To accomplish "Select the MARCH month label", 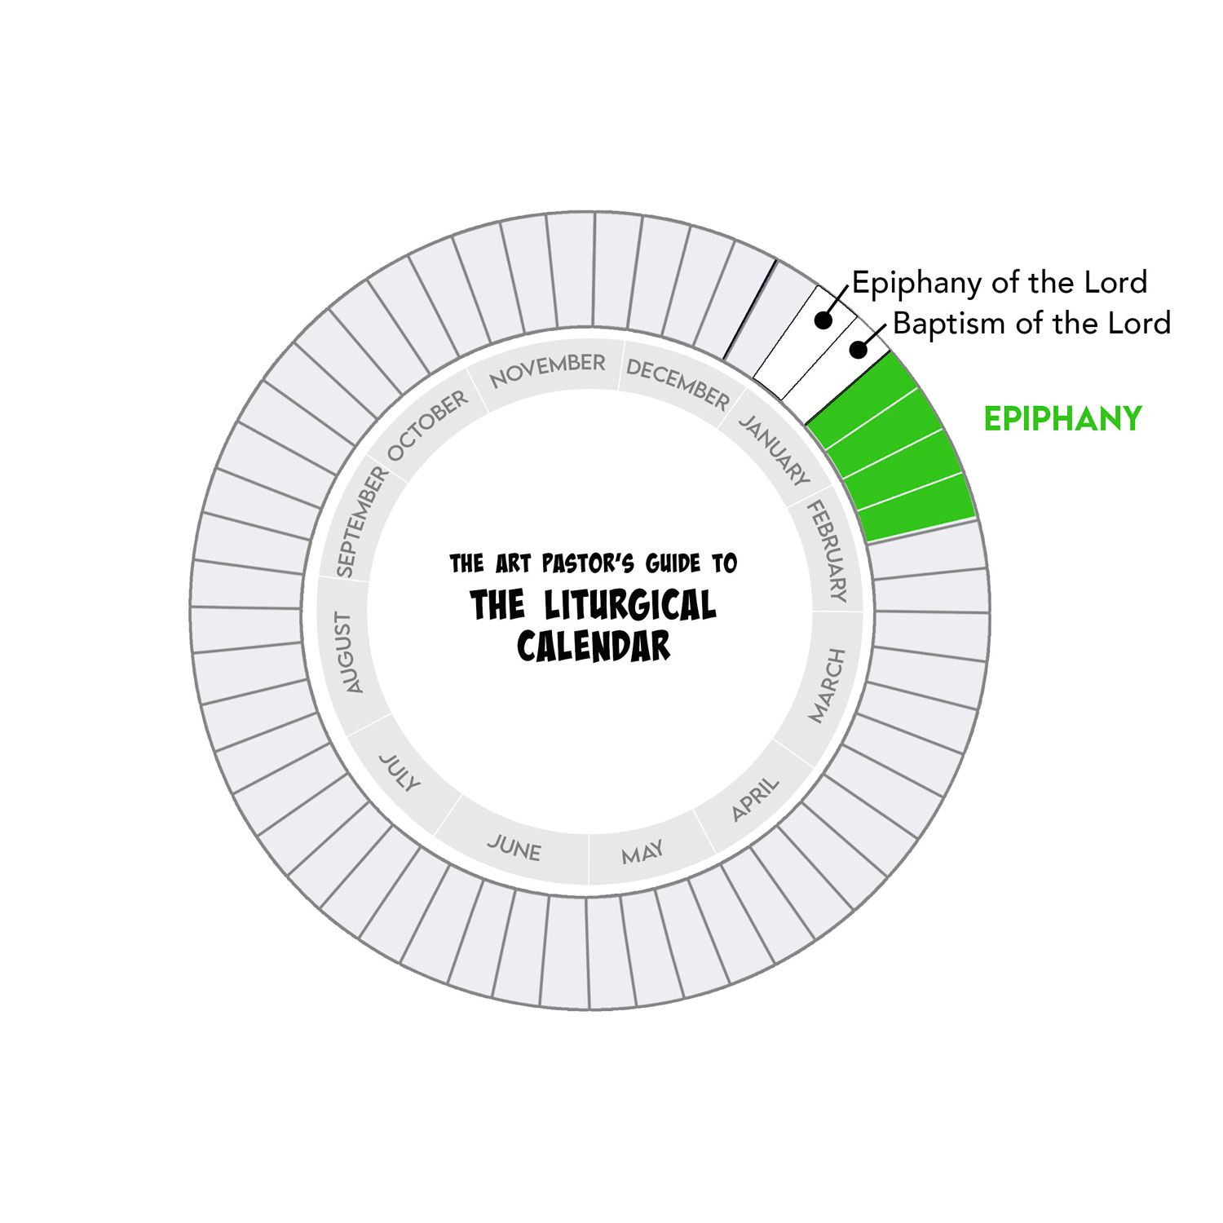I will [827, 686].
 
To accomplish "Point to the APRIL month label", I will [755, 800].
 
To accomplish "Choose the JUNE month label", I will [514, 849].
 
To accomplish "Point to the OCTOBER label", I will [427, 425].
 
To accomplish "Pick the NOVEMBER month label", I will [547, 370].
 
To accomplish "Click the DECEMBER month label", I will [678, 384].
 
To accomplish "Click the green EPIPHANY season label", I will [1062, 419].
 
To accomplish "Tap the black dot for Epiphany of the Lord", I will [823, 321].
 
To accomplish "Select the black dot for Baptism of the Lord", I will [858, 350].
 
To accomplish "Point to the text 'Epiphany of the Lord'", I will [1000, 283].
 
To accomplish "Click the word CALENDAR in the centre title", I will [594, 647].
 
